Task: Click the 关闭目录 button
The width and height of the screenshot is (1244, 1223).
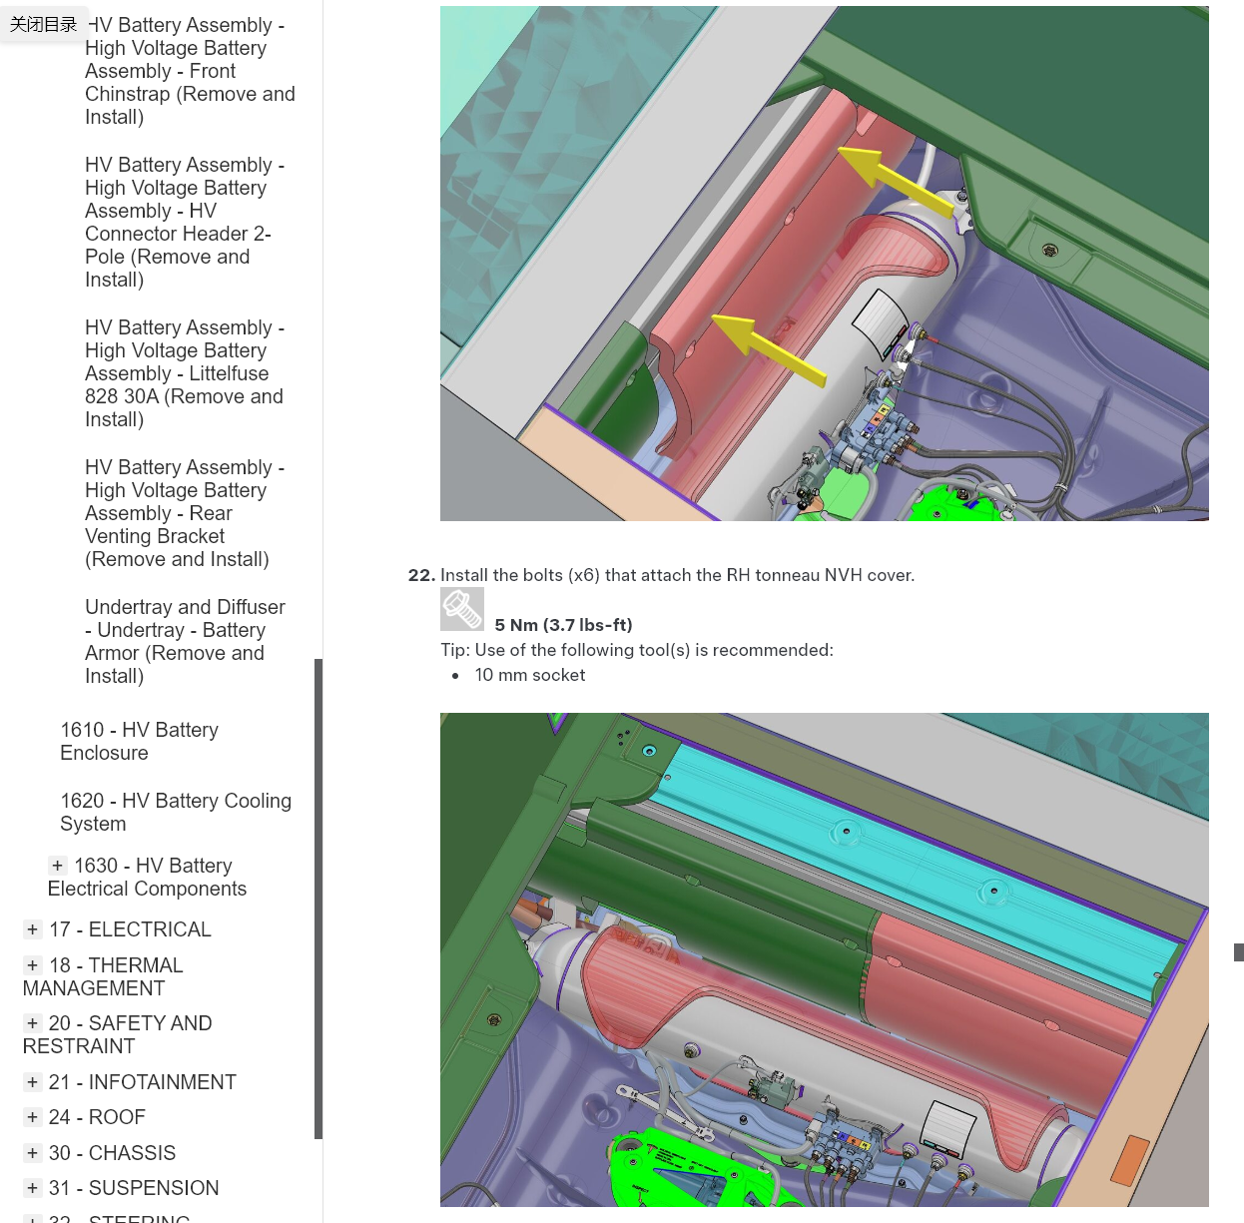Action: tap(43, 25)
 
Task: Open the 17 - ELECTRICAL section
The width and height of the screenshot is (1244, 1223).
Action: tap(130, 929)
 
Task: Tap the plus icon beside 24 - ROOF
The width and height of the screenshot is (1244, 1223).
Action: tap(32, 1116)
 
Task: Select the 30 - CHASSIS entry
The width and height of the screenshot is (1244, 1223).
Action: tap(112, 1153)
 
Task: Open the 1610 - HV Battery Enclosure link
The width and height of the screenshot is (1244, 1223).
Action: tap(139, 741)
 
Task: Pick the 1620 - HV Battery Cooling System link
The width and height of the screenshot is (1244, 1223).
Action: tap(176, 812)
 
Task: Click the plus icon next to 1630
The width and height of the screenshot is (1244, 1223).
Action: tap(58, 865)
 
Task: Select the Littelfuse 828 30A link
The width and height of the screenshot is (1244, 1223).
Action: tap(184, 373)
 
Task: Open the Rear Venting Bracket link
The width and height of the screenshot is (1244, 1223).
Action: tap(184, 513)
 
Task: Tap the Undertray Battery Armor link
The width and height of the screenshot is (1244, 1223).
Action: tap(185, 641)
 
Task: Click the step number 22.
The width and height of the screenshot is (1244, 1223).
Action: tap(421, 575)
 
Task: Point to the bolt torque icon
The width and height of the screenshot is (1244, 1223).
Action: tap(461, 609)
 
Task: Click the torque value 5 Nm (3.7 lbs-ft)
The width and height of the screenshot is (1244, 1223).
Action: tap(563, 625)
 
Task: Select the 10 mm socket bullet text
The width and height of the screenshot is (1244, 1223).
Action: tap(529, 675)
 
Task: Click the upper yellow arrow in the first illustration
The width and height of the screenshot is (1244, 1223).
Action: tap(896, 180)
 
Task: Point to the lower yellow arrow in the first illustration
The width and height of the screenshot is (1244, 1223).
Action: tap(769, 349)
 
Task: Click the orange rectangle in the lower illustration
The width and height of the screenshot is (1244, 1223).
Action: tap(1130, 1161)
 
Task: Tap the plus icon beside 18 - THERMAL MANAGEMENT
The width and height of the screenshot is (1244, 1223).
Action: tap(32, 964)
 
